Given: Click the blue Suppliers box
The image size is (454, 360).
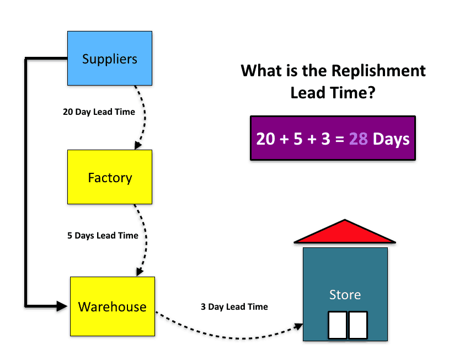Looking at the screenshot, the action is click(x=110, y=59).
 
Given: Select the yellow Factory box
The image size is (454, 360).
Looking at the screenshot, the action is click(x=110, y=177).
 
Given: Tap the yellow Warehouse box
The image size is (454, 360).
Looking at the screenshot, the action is click(x=113, y=306).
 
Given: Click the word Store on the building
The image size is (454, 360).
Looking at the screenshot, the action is click(x=345, y=295).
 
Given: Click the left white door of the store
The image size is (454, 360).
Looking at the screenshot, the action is click(x=337, y=325).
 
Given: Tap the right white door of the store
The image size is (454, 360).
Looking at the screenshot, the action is click(x=358, y=325).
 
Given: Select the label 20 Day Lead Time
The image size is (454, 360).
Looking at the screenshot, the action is click(x=99, y=112).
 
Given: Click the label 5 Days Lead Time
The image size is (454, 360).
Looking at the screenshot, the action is click(x=103, y=236).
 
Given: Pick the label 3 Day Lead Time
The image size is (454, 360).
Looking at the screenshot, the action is click(x=234, y=306).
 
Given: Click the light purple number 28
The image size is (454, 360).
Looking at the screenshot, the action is click(x=359, y=139).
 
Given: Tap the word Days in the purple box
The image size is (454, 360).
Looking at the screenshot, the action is click(x=391, y=139).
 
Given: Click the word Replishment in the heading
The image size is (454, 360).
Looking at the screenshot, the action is click(x=378, y=71).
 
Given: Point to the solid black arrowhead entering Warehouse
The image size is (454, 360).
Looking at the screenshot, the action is click(x=62, y=306).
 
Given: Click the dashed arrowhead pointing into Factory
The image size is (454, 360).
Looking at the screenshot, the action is click(x=138, y=145).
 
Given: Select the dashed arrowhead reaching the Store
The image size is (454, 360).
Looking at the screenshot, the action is click(x=298, y=326).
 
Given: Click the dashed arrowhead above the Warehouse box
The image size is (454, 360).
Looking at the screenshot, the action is click(x=140, y=272).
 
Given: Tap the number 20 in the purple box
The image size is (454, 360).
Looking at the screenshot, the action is click(x=265, y=139).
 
